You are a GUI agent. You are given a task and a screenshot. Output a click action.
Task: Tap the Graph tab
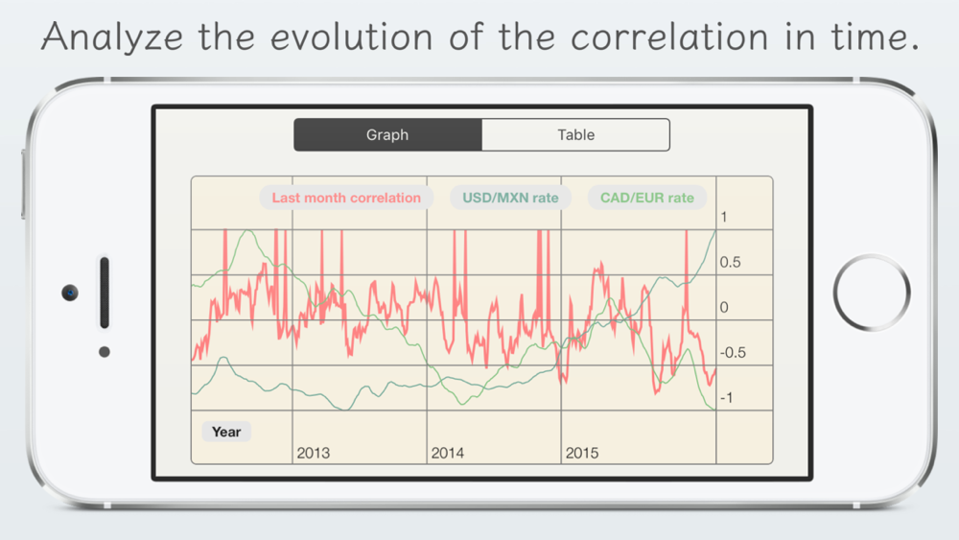(387, 134)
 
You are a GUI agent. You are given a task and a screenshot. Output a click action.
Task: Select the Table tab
(575, 134)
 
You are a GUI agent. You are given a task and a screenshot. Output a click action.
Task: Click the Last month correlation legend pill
(346, 198)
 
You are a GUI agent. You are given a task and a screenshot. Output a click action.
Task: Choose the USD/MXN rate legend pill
(510, 198)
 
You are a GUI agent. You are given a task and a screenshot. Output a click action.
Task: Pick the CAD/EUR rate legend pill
(647, 198)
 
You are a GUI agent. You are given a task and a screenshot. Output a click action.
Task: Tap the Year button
(226, 432)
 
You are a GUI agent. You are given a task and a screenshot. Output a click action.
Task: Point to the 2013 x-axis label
(314, 453)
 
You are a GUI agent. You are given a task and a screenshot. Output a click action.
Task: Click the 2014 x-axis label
(448, 453)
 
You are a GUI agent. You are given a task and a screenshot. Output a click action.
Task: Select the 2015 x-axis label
(582, 453)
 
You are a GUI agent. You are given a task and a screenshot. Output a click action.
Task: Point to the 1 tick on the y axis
(723, 217)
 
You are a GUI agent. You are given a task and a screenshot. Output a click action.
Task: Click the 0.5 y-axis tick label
(730, 263)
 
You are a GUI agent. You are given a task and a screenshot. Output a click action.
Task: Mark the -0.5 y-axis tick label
(733, 353)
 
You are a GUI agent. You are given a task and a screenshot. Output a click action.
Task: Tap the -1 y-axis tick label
(727, 398)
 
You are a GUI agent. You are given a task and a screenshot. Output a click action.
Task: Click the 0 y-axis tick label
(724, 308)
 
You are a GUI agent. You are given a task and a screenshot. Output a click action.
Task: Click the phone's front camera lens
(70, 293)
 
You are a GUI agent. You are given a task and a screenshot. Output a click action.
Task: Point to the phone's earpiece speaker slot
(105, 293)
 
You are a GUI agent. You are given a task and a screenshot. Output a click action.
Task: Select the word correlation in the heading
(669, 36)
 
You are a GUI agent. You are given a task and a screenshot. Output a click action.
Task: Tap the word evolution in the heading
(352, 36)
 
